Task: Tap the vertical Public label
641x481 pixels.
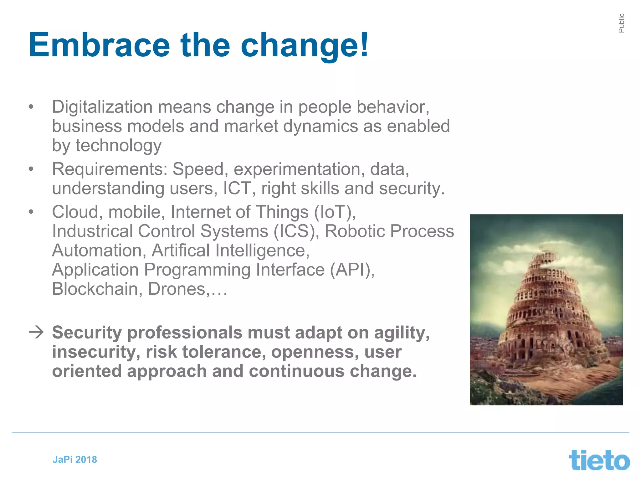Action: tap(621, 23)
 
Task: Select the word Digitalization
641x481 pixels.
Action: tap(102, 107)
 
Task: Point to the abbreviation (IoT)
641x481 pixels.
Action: tap(334, 212)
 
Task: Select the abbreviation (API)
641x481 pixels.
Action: tap(352, 270)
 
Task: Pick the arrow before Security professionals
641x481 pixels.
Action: tap(36, 332)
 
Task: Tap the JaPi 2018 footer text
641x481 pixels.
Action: tap(74, 459)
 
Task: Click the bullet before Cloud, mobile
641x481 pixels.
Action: tap(31, 212)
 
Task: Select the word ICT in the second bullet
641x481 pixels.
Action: tap(237, 189)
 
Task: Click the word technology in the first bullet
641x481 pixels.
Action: tap(118, 146)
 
